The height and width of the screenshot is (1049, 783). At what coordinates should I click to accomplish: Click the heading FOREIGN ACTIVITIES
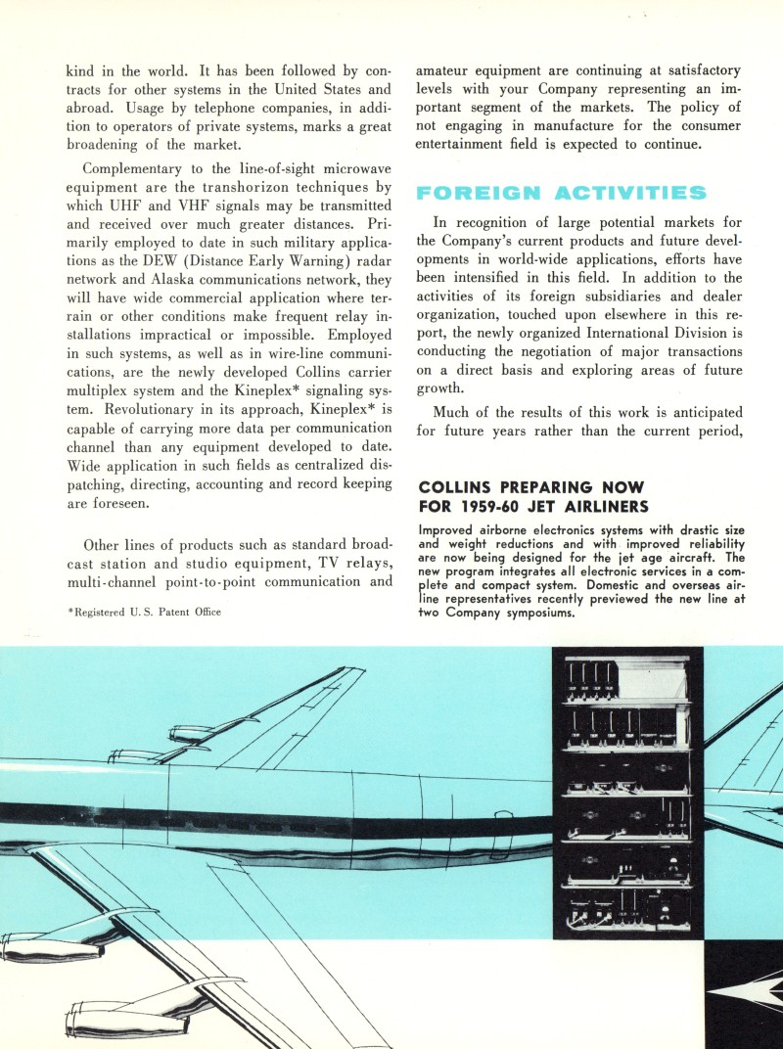574,193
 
